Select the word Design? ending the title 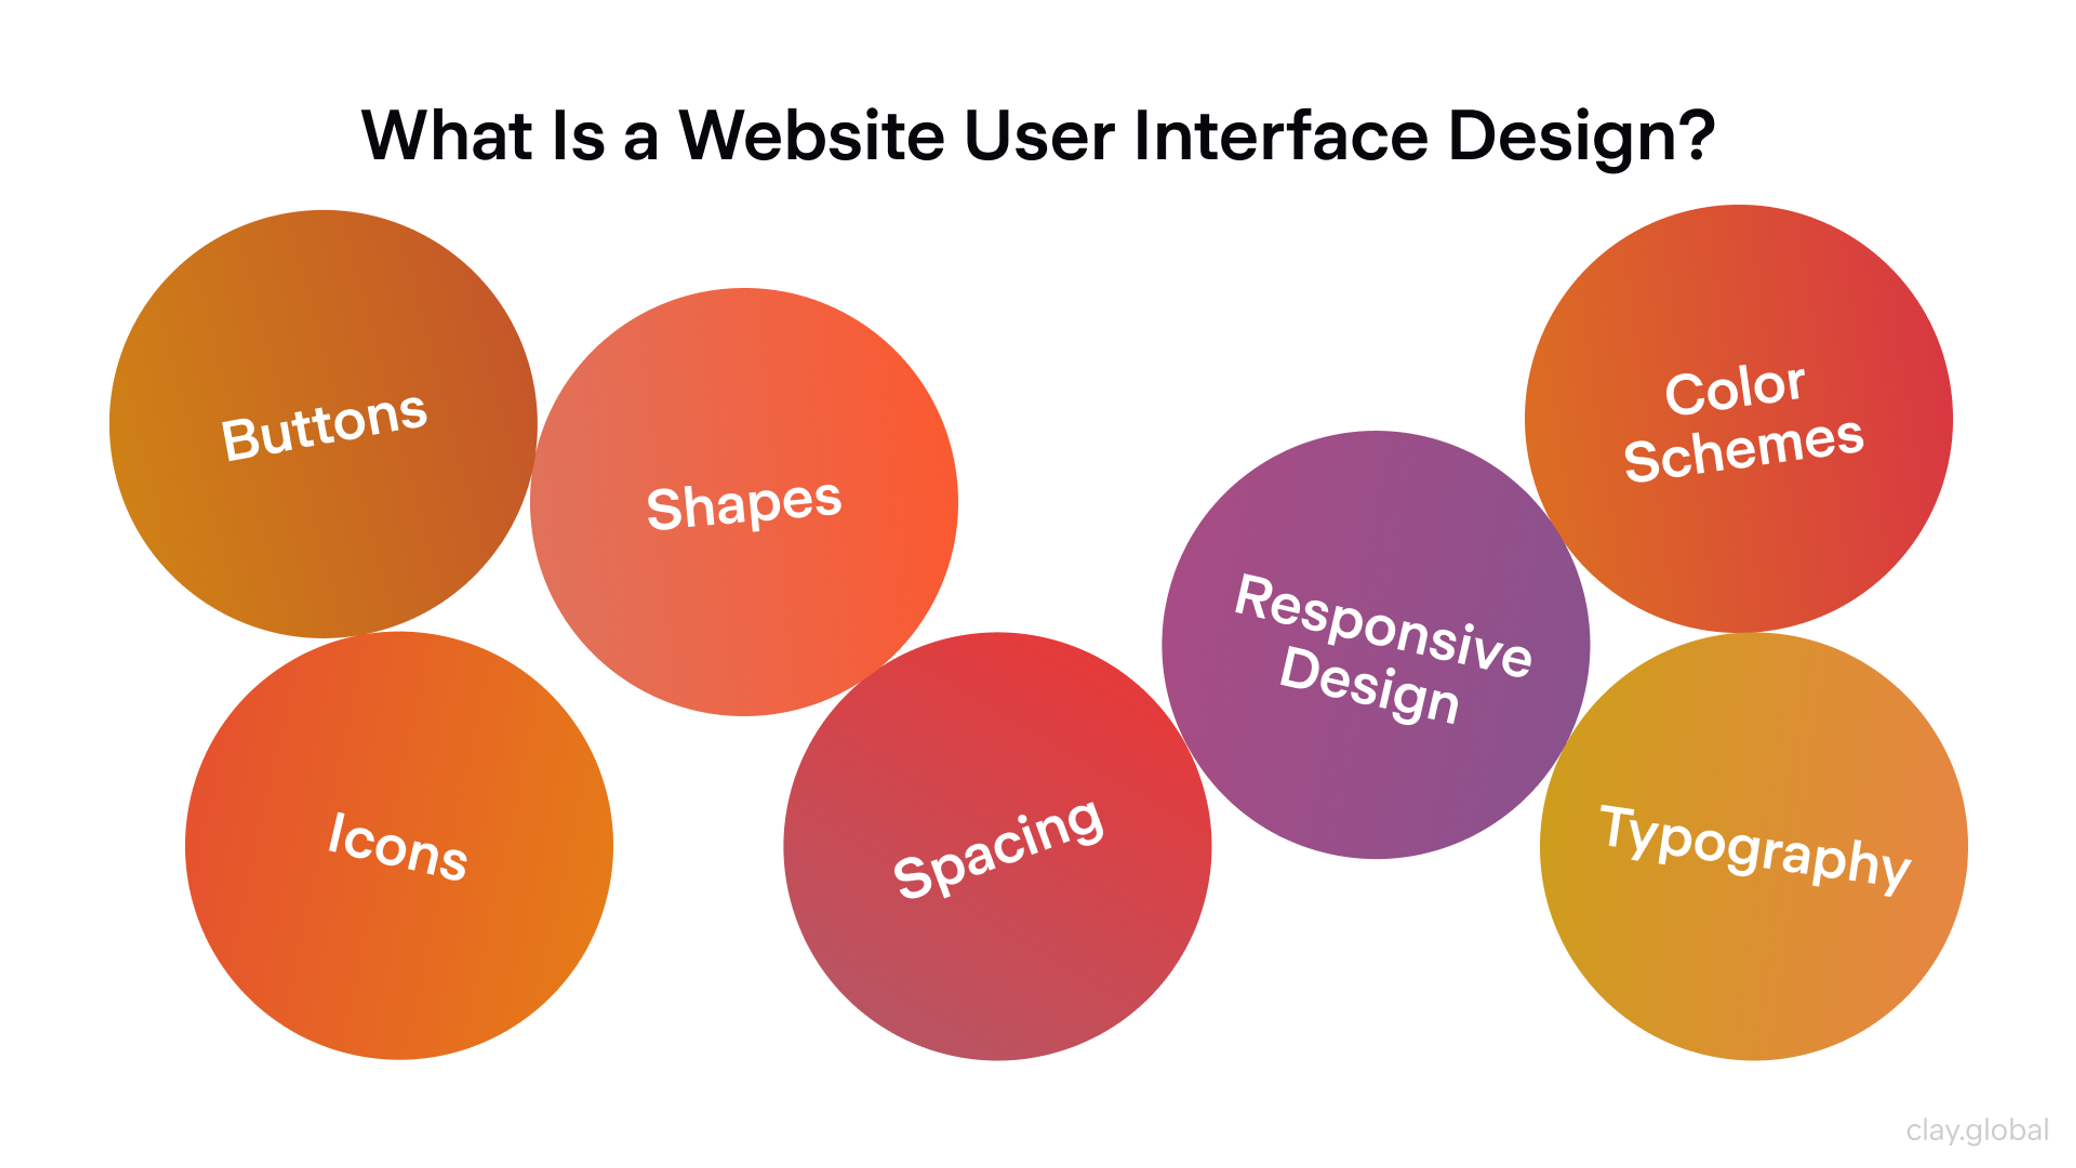(1580, 137)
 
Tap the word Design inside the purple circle (1369, 685)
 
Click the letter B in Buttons (238, 439)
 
